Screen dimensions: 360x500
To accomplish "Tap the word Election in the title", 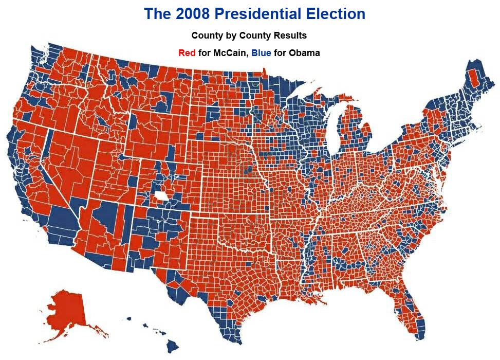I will [336, 14].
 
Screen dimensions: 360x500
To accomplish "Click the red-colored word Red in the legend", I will [187, 53].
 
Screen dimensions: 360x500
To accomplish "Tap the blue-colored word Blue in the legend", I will [261, 53].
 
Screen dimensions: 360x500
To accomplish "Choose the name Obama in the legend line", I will [304, 53].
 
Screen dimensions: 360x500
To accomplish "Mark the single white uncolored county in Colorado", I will [161, 196].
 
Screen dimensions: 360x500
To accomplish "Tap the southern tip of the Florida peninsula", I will [419, 337].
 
